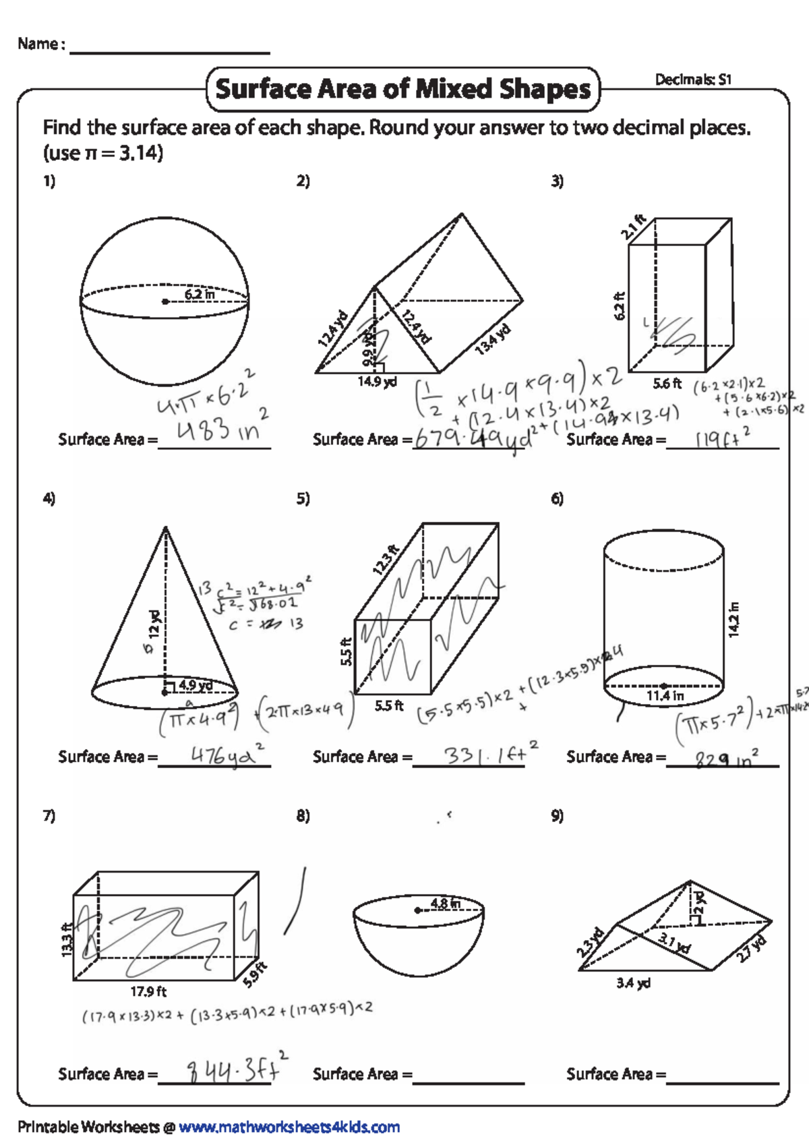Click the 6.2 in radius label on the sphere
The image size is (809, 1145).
tap(200, 295)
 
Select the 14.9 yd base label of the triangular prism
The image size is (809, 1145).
tap(377, 382)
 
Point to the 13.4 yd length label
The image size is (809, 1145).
tap(493, 340)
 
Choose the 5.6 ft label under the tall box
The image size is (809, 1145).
tap(667, 384)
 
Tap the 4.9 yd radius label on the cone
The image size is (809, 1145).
tap(196, 685)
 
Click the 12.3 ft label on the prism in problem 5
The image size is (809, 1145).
tap(386, 560)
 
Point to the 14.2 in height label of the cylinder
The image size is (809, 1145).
tap(733, 619)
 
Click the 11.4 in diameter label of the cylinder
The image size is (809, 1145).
tap(665, 696)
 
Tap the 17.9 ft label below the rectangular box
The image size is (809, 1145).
tap(148, 991)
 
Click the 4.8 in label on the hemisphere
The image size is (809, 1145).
tap(445, 903)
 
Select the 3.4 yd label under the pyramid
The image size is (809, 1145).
tap(633, 983)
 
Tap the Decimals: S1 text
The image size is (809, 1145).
tap(693, 80)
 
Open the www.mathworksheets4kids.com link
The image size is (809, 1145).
tap(289, 1127)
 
